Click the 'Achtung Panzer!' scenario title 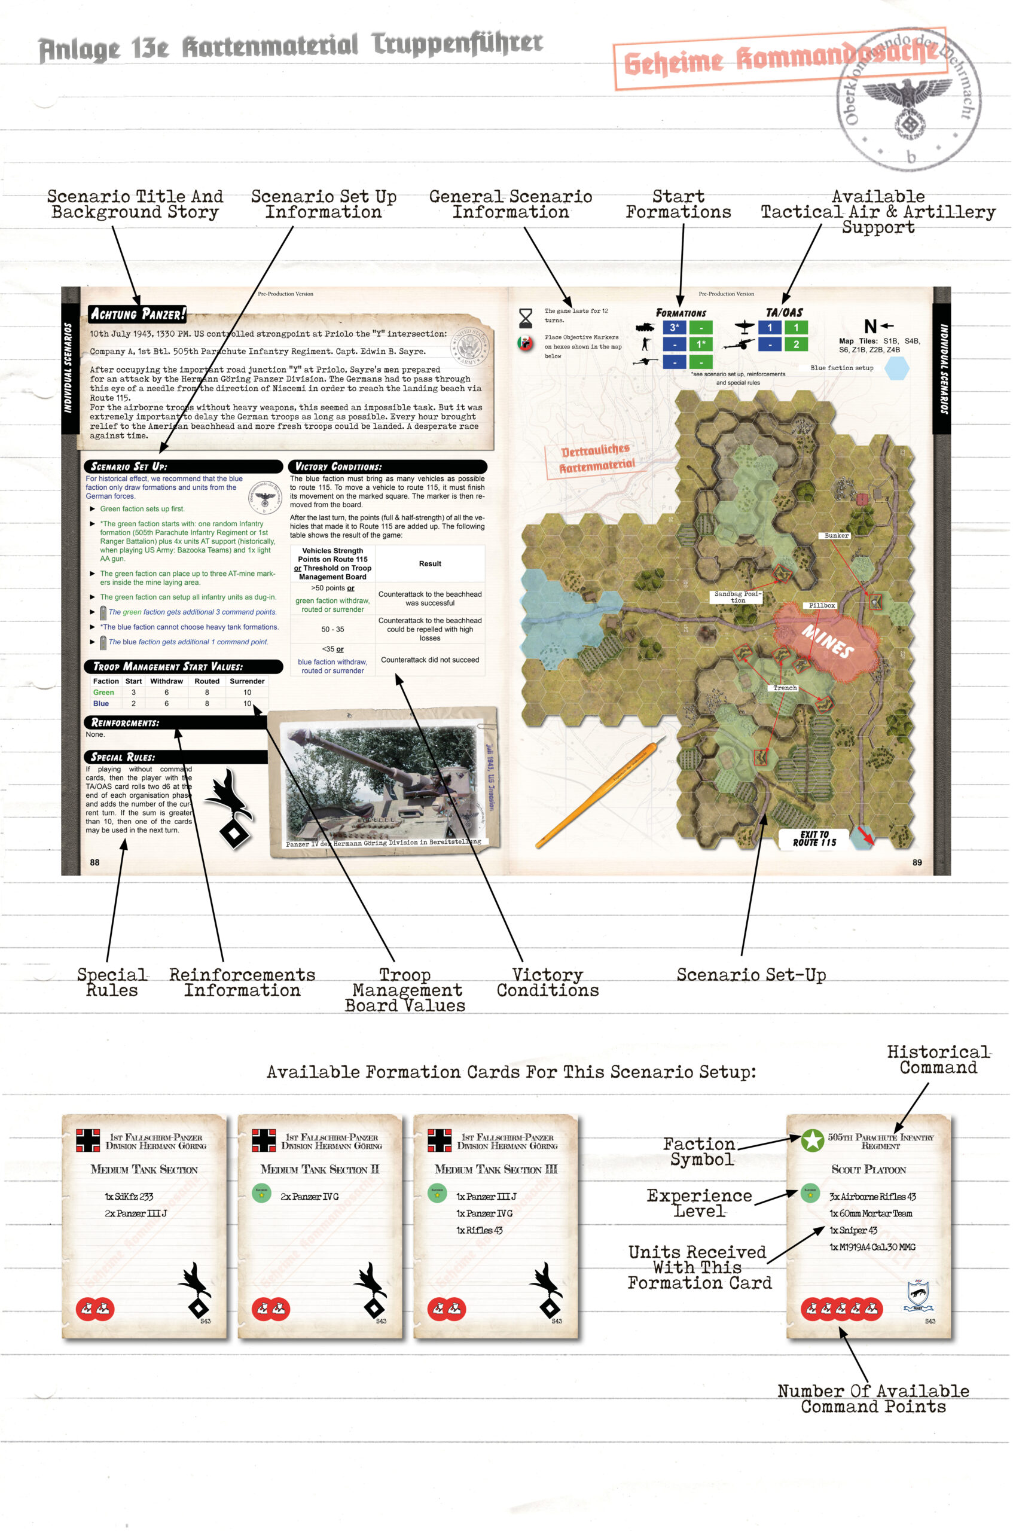(x=137, y=314)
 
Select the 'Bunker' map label (x=836, y=535)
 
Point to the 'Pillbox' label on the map (x=822, y=605)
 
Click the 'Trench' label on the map (x=785, y=688)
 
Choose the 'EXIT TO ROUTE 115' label (x=814, y=838)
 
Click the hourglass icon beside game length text (x=525, y=318)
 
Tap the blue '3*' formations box (x=675, y=328)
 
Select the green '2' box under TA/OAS (x=795, y=344)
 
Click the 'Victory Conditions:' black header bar (x=387, y=466)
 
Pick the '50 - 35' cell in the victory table (x=332, y=629)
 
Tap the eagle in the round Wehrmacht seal (x=908, y=97)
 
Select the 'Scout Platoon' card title (x=868, y=1169)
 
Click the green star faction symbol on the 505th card (x=812, y=1140)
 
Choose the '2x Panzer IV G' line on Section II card (x=309, y=1196)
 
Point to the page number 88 (x=95, y=862)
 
